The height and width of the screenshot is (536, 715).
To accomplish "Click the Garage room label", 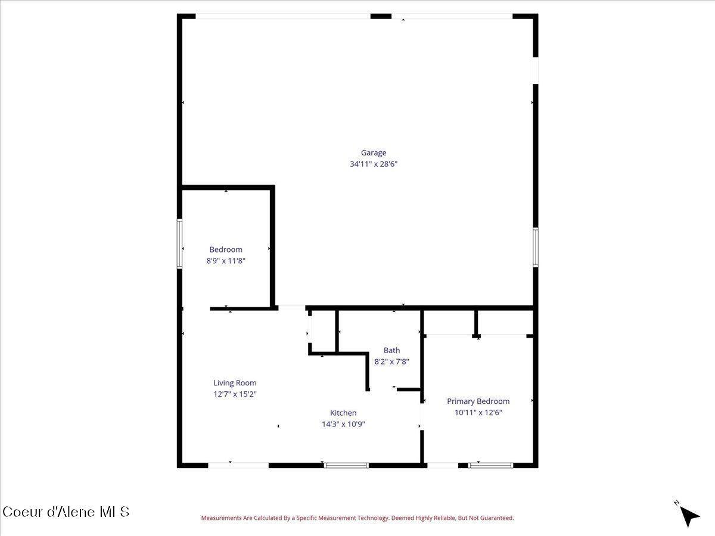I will point(373,152).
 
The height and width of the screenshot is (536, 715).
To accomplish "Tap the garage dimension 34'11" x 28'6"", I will point(373,164).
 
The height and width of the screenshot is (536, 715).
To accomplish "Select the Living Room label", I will point(235,383).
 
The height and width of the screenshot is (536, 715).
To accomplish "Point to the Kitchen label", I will point(343,413).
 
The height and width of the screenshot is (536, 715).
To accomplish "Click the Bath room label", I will point(391,350).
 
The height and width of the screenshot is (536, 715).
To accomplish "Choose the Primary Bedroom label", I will point(478,401).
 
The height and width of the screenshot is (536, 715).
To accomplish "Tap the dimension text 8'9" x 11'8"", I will point(226,260).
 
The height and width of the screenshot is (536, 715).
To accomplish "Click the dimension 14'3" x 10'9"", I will point(343,424).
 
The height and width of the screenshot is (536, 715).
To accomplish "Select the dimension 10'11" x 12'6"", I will point(478,412).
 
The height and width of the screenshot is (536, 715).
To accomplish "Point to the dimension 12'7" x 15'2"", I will point(235,394).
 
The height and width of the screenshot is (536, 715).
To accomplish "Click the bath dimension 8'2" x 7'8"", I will point(391,361).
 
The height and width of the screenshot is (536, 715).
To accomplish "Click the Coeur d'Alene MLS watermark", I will point(66,512).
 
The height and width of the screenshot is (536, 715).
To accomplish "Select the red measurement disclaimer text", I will point(357,518).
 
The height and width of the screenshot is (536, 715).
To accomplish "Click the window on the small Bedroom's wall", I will point(179,244).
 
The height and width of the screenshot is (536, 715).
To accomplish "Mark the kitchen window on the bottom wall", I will point(346,465).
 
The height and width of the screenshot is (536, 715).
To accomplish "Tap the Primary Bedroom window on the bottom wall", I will point(490,465).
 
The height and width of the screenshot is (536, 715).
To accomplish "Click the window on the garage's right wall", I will point(535,247).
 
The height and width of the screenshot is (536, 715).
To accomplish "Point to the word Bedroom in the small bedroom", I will point(226,250).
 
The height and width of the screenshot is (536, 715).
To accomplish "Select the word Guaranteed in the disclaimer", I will point(497,518).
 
